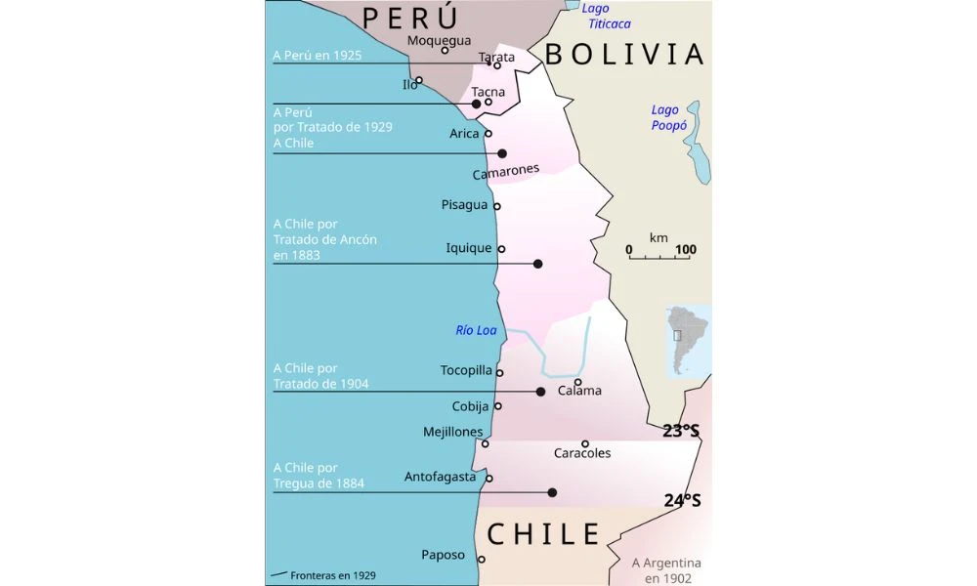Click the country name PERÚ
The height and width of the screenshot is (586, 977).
(x=410, y=19)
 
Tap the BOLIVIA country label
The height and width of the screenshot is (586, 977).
(x=624, y=55)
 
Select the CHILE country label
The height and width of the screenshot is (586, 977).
(x=543, y=534)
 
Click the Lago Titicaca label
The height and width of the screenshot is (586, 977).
(x=609, y=16)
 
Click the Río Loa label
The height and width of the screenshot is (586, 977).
(x=477, y=330)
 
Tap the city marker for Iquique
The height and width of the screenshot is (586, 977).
(x=501, y=249)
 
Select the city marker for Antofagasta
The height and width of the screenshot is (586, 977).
(x=489, y=479)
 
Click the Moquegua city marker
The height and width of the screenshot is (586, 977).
(x=446, y=51)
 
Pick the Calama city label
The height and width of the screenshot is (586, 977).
(x=579, y=391)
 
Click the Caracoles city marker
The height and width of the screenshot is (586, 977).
(x=585, y=443)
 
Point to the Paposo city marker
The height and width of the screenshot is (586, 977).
(x=482, y=560)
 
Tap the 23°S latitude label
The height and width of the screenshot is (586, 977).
(x=681, y=430)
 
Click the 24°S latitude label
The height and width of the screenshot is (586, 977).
(x=683, y=500)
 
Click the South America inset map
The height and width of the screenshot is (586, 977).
(x=688, y=341)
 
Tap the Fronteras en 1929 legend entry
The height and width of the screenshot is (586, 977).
(x=323, y=575)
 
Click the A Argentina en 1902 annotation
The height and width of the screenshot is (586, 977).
(x=666, y=570)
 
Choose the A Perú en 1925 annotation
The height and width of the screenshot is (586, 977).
(x=318, y=55)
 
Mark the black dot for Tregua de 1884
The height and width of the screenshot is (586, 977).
(x=553, y=493)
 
